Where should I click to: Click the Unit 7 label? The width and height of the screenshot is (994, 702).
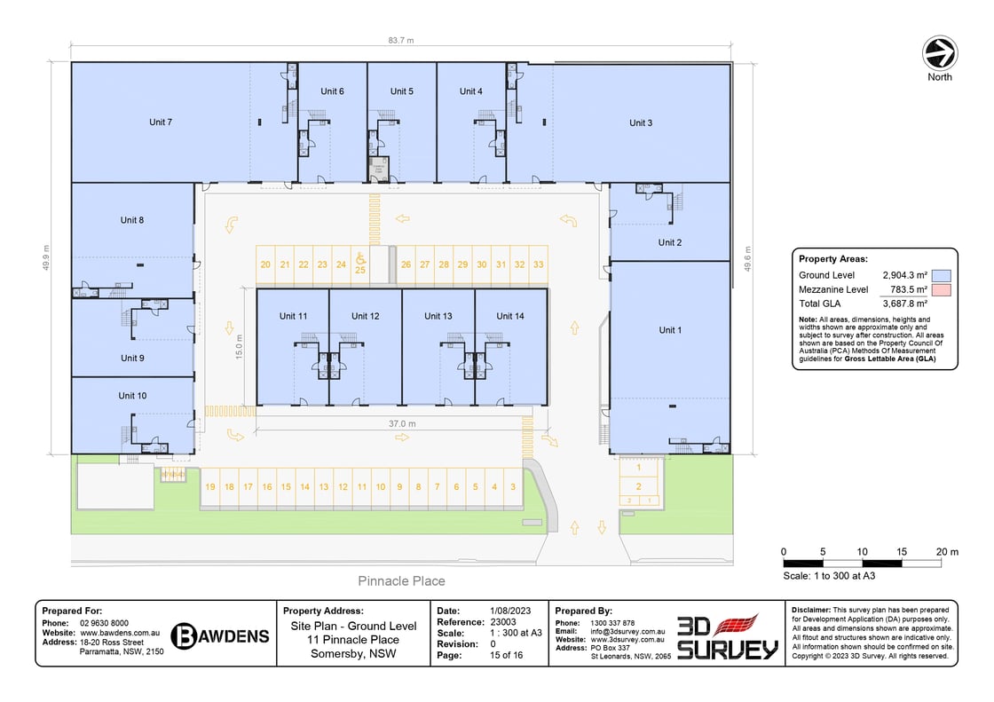point(161,122)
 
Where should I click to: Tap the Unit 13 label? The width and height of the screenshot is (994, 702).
point(438,316)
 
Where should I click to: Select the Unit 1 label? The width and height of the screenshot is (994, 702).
point(671,330)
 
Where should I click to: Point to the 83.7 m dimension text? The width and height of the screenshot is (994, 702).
point(401,41)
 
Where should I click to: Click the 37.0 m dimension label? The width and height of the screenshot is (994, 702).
point(402,424)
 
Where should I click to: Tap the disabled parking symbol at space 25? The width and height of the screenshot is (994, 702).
point(360,257)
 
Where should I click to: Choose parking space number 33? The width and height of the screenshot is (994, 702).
point(539,264)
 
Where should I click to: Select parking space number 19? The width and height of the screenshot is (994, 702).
point(210,486)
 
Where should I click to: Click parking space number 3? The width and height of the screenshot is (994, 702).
point(513,486)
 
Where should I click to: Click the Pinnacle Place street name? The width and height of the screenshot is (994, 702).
point(401,581)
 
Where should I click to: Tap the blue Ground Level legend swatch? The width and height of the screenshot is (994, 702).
point(943,276)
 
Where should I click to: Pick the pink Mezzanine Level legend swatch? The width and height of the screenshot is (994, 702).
point(943,290)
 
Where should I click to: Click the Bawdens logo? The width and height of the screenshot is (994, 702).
point(219,635)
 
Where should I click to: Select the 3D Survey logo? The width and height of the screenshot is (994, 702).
point(728,636)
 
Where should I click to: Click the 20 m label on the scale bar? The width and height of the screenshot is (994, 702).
point(947,552)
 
